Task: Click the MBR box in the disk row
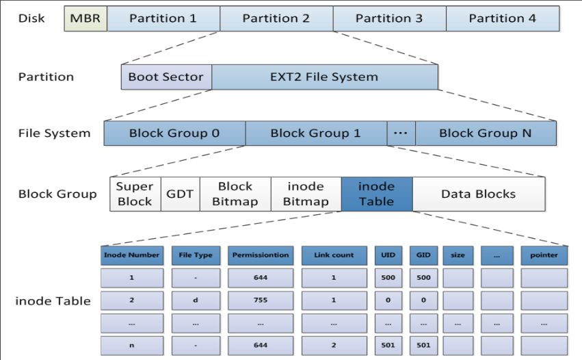(x=85, y=18)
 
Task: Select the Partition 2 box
(x=276, y=18)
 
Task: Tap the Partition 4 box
(x=502, y=18)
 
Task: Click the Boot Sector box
(x=166, y=77)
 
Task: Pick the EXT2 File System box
(x=324, y=77)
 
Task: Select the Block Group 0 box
(x=174, y=133)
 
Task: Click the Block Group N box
(x=486, y=133)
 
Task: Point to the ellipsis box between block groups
(x=401, y=133)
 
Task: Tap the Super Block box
(x=135, y=194)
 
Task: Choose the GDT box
(x=180, y=194)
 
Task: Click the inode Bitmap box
(x=305, y=194)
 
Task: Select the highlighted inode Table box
(x=377, y=194)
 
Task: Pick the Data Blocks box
(x=478, y=194)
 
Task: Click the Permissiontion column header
(x=261, y=255)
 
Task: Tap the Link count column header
(x=334, y=255)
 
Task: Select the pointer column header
(x=544, y=255)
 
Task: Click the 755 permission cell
(x=261, y=300)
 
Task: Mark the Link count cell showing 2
(x=334, y=345)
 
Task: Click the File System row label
(x=54, y=133)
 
